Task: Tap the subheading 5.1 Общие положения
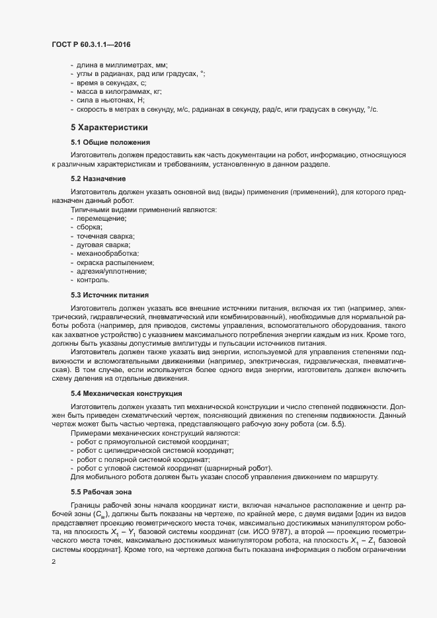pos(111,143)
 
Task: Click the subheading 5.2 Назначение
pos(99,180)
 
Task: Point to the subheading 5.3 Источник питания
pos(109,295)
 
